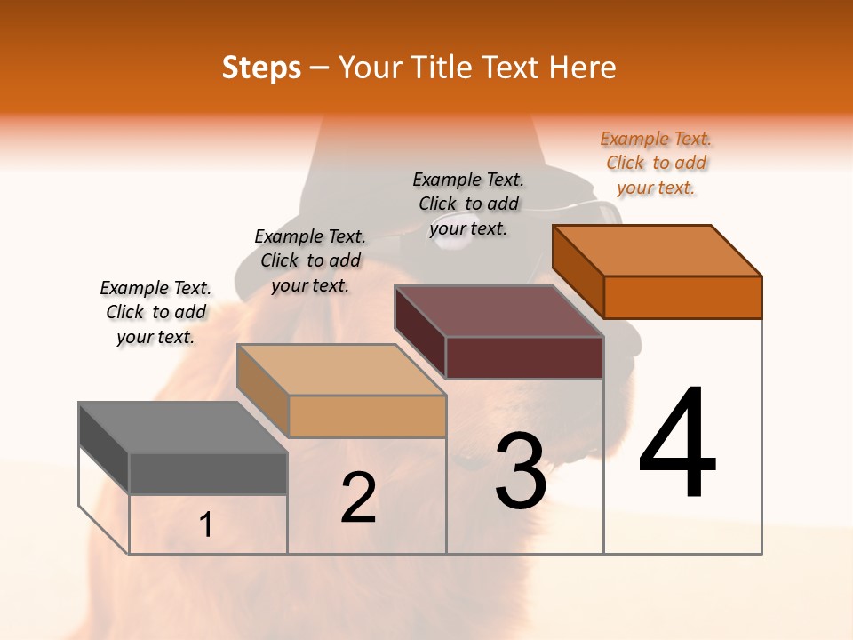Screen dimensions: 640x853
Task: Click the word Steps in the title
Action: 261,68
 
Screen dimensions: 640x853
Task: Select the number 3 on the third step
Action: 520,471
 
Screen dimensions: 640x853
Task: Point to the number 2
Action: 358,498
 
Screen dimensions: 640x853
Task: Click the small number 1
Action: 205,525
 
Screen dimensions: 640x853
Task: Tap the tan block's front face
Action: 367,417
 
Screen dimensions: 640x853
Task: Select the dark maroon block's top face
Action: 498,312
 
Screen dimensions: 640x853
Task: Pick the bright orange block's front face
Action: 682,297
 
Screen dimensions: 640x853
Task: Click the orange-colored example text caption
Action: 656,163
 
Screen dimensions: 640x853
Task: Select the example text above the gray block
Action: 155,312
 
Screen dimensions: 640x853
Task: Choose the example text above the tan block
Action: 310,260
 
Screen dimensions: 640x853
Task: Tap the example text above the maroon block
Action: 468,204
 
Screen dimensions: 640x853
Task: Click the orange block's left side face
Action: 578,271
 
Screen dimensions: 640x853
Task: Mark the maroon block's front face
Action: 524,357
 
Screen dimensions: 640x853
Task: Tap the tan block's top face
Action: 340,370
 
